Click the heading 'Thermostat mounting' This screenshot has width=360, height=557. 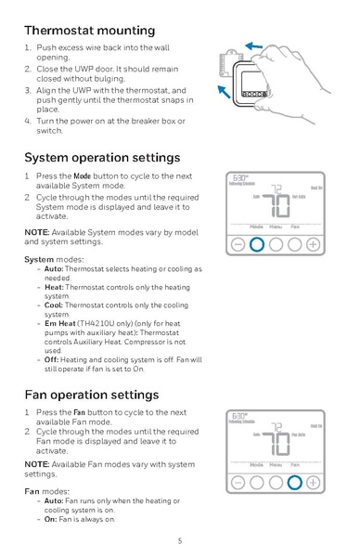pyautogui.click(x=89, y=31)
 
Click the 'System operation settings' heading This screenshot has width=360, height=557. pyautogui.click(x=102, y=157)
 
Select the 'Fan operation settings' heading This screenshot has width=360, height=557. pyautogui.click(x=91, y=395)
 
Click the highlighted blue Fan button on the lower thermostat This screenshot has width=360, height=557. pyautogui.click(x=294, y=482)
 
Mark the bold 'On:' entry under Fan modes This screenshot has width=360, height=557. pyautogui.click(x=52, y=519)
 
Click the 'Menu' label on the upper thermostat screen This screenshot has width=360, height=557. pyautogui.click(x=276, y=227)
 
